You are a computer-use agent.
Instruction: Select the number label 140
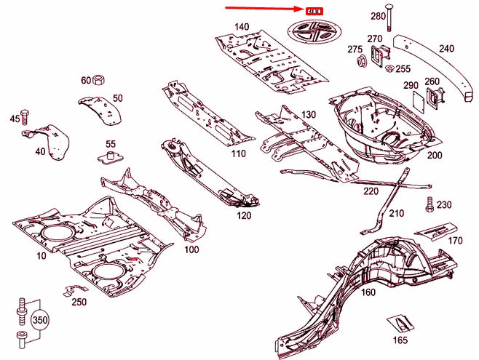241,27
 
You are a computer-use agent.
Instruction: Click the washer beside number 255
389,69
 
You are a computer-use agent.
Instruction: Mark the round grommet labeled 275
360,63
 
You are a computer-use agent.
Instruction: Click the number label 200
434,156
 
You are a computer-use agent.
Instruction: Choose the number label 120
243,216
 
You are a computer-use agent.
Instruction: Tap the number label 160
368,292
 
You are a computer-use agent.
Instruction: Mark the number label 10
41,256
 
